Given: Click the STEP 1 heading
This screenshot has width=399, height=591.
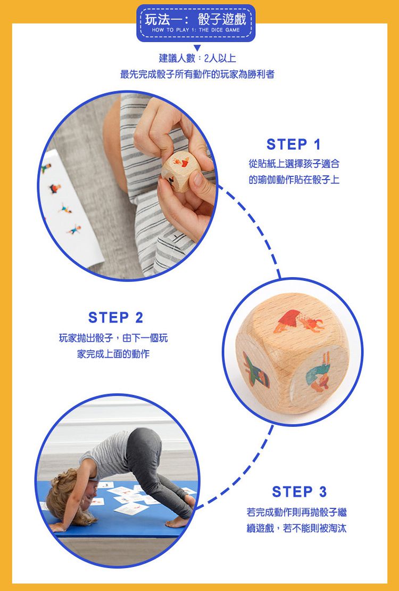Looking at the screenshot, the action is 294,144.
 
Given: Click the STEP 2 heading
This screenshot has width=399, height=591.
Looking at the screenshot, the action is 115,318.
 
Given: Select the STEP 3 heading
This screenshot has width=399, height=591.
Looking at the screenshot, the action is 299,491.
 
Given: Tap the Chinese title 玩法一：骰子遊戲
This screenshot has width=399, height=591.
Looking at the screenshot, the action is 195,19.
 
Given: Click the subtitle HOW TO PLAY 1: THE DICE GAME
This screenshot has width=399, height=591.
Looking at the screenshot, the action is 196,30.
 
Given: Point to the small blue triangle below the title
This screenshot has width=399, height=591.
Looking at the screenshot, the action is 197,47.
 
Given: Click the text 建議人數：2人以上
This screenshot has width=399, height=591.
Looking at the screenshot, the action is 197,58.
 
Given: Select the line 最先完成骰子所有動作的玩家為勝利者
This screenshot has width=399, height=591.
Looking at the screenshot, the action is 197,74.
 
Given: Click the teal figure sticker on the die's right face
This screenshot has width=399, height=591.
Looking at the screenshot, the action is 318,372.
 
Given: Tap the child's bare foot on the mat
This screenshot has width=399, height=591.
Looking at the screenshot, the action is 177,522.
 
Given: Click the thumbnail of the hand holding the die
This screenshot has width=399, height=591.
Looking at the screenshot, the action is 128,186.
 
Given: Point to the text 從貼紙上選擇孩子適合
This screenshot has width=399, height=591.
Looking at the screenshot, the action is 294,164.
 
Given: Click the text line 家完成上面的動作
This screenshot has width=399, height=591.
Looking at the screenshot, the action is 113,354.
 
